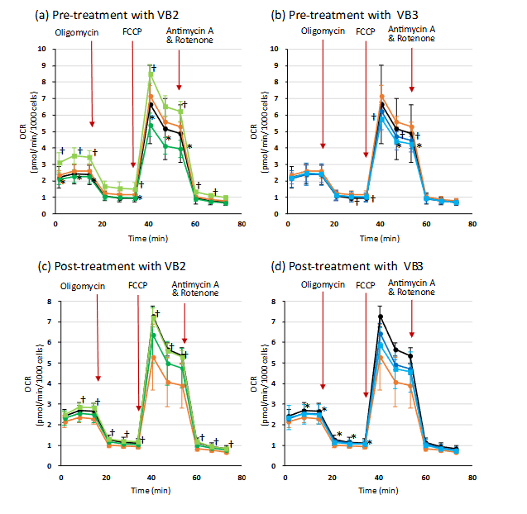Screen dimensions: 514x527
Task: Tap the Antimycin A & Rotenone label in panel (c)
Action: pyautogui.click(x=189, y=290)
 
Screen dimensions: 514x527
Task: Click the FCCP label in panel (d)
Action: pyautogui.click(x=365, y=287)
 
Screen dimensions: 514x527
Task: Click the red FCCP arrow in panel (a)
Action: pyautogui.click(x=133, y=103)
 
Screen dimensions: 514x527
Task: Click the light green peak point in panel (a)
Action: pyautogui.click(x=150, y=74)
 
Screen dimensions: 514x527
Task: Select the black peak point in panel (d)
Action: pyautogui.click(x=381, y=316)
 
